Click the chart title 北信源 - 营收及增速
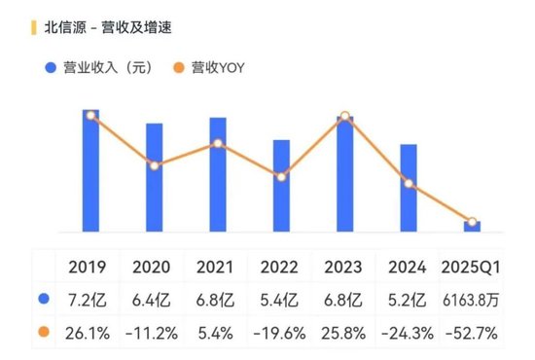pos(101,26)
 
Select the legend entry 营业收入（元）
pos(106,68)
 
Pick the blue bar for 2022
pos(281,186)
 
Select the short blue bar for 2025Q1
pos(472,227)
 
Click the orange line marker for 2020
pos(154,165)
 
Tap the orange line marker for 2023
pos(344,117)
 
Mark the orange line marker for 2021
pos(218,144)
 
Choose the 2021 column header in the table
pos(215,267)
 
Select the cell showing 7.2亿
pos(88,300)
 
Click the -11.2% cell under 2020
pos(152,333)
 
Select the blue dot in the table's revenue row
pos(43,300)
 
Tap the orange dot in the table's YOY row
pos(43,333)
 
